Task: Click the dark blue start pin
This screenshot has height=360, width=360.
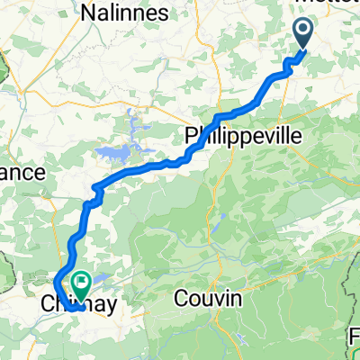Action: (x=302, y=34)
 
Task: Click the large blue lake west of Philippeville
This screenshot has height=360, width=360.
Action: (x=110, y=153)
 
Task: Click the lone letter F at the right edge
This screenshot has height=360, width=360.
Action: (x=355, y=339)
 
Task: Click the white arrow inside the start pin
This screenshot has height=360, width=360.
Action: (x=302, y=31)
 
